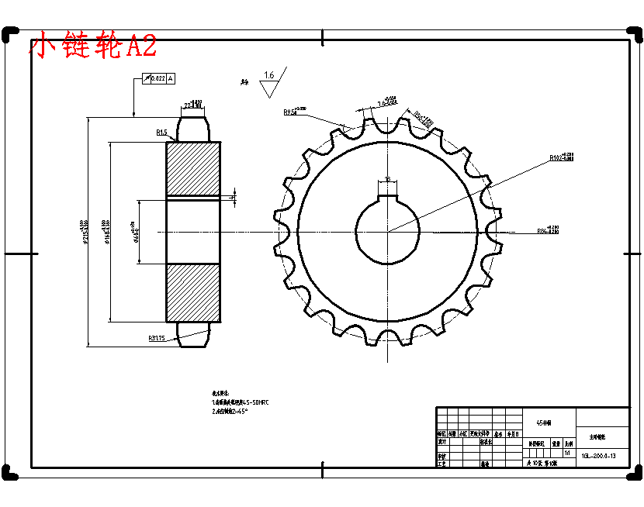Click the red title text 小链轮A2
tap(93, 46)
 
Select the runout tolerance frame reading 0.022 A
tap(159, 78)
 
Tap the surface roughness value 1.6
tap(268, 75)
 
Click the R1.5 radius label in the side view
tap(161, 133)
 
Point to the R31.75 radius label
tap(158, 338)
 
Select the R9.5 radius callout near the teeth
tap(293, 112)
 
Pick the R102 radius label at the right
tap(559, 157)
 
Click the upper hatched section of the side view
tap(193, 168)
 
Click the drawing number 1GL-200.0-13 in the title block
tap(597, 456)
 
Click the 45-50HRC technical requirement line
tap(241, 403)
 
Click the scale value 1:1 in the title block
tap(567, 452)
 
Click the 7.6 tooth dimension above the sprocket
tap(387, 101)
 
